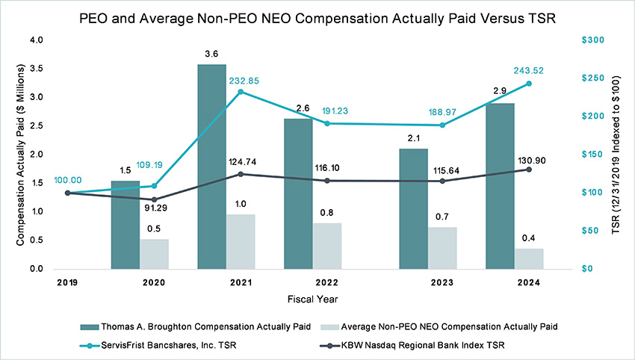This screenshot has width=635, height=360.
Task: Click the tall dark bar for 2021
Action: point(211,166)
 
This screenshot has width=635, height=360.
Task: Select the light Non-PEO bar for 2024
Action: point(529,258)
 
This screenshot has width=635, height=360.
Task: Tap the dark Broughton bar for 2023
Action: point(413,208)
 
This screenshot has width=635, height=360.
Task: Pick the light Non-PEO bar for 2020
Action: point(154,254)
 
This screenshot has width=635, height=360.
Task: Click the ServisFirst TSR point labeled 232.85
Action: point(241,92)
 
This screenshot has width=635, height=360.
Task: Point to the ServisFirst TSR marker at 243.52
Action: point(529,84)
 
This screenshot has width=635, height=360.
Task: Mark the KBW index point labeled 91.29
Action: point(154,199)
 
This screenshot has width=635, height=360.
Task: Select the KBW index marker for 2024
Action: point(529,170)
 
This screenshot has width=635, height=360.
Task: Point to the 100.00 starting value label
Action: point(68,180)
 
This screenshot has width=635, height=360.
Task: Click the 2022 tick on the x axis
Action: point(326,282)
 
